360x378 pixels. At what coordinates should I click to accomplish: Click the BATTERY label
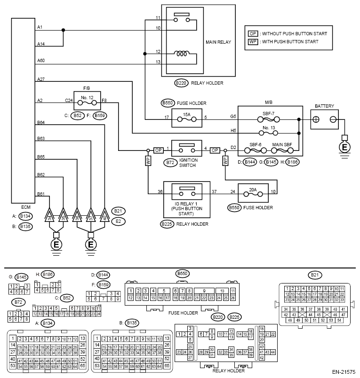(325, 106)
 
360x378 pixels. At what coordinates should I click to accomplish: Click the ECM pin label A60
(41, 60)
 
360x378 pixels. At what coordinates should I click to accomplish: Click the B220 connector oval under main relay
(181, 83)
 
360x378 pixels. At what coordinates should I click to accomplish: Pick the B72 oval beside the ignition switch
(170, 163)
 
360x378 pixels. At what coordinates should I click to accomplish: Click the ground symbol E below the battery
(344, 147)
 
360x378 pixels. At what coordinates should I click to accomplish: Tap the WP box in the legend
(253, 41)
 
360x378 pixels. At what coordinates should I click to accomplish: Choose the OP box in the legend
(253, 33)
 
